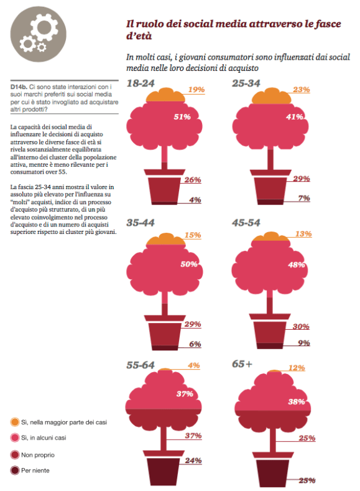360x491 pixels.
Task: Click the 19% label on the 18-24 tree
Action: coord(196,90)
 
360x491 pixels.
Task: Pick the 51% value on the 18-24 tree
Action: coord(164,116)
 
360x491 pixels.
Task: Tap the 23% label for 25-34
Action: coord(301,90)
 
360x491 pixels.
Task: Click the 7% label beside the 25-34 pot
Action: coord(304,198)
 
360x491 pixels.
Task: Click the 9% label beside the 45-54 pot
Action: coord(304,343)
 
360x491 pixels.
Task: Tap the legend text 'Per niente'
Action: coord(36,470)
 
